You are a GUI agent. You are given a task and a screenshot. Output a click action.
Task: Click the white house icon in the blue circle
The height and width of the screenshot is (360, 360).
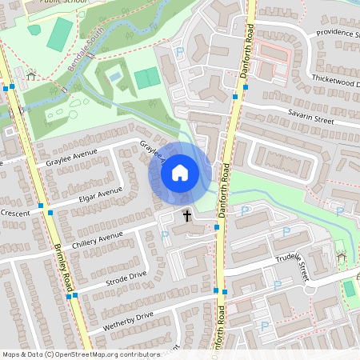[x=180, y=172]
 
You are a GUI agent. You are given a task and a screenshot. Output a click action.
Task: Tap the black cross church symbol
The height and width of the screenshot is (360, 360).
[x=188, y=215]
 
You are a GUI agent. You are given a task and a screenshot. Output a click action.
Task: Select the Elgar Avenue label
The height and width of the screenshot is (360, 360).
[x=97, y=195]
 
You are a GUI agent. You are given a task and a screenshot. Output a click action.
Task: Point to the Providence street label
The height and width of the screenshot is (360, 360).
[x=336, y=34]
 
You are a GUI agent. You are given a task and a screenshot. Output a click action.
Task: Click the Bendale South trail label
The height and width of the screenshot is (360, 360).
[x=86, y=51]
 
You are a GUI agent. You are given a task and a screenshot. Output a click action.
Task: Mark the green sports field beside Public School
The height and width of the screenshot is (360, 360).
[x=59, y=34]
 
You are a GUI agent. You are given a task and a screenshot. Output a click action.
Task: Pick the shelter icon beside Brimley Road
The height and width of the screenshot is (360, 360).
[x=30, y=75]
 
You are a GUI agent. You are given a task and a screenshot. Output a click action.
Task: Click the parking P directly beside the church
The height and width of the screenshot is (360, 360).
[x=165, y=235]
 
